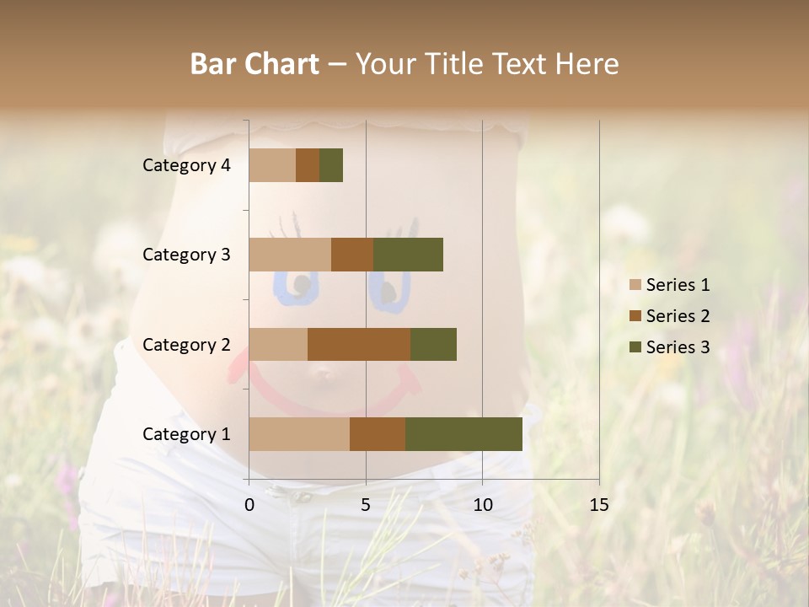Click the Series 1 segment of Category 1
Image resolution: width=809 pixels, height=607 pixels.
[x=299, y=434]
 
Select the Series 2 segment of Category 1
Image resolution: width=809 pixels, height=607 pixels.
[x=378, y=434]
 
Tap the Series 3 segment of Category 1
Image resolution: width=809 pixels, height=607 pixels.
[x=463, y=434]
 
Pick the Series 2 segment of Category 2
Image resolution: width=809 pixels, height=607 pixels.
[x=359, y=344]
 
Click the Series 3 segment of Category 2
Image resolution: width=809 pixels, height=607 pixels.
[x=433, y=344]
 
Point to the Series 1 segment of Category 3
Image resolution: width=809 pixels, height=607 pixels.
[x=290, y=255]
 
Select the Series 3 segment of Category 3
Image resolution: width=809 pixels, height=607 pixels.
[x=408, y=255]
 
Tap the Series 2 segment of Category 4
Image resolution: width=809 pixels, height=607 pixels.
[x=308, y=165]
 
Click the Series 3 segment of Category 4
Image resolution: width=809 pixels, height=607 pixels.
[x=331, y=165]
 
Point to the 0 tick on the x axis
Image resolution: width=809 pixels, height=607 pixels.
[x=249, y=505]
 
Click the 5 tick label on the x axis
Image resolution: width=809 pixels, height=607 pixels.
[x=366, y=505]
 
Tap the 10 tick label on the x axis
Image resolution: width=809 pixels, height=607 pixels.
[x=482, y=505]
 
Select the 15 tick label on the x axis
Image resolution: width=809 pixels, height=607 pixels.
[x=598, y=505]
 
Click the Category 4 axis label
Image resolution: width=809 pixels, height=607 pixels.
[x=186, y=165]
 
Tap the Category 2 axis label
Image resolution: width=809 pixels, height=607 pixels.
[x=186, y=345]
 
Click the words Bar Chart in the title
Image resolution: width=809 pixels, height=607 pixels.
[x=254, y=64]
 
